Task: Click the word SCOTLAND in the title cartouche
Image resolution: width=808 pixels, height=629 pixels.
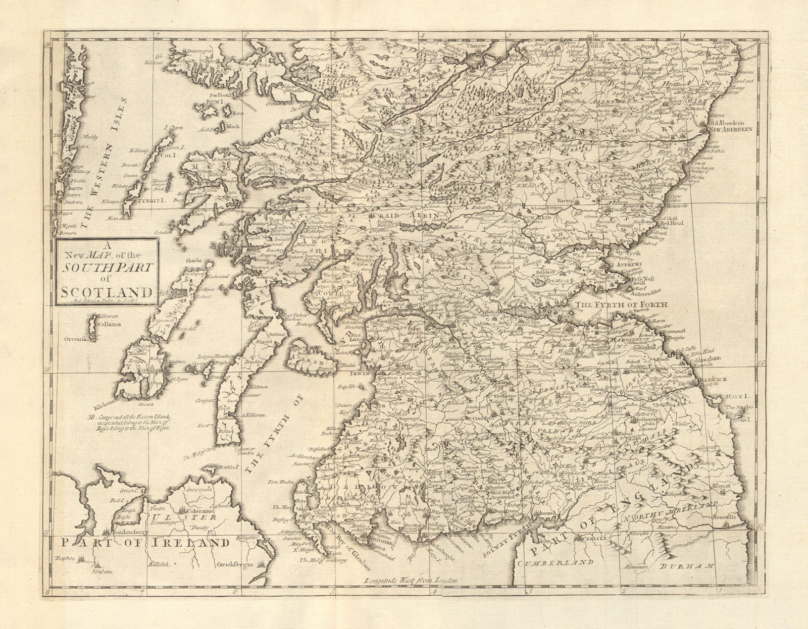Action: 107,292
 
